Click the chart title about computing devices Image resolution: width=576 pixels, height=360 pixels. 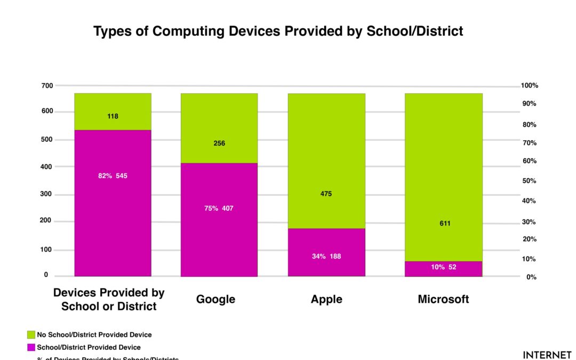[278, 31]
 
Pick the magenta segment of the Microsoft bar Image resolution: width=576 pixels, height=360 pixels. [444, 269]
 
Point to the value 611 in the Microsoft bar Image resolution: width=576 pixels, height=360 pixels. [445, 223]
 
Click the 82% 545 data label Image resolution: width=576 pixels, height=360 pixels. [113, 175]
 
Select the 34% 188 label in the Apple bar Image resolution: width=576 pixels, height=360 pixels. [326, 257]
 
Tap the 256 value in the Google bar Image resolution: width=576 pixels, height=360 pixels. [219, 143]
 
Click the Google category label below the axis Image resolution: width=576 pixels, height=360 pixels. [215, 299]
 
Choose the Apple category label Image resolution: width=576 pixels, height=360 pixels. [326, 299]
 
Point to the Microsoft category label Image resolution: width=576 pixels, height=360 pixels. [443, 299]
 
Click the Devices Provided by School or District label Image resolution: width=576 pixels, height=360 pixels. [109, 300]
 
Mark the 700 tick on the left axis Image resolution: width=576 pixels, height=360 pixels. [47, 85]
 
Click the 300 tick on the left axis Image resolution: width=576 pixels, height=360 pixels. [47, 194]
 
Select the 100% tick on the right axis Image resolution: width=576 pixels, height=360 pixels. [530, 85]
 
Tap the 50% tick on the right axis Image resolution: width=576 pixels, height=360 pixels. [529, 181]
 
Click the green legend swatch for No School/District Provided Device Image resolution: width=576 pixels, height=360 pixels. [31, 335]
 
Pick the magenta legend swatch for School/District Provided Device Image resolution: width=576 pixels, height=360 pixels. [31, 347]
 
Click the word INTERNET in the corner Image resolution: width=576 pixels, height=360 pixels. [547, 355]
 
